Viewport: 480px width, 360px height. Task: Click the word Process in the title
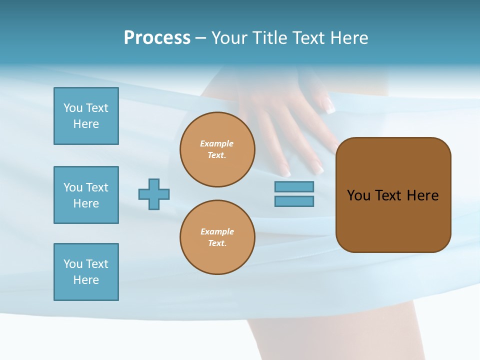(x=157, y=38)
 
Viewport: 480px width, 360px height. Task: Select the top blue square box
(x=86, y=116)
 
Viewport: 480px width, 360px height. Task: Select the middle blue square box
(x=86, y=195)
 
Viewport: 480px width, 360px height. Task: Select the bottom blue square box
(x=86, y=272)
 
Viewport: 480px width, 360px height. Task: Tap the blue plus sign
(x=154, y=194)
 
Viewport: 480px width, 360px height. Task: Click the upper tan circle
(x=217, y=149)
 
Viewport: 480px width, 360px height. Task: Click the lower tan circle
(x=217, y=237)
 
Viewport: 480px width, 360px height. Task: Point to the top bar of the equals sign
(x=294, y=186)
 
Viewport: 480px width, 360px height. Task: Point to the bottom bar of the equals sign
(x=294, y=201)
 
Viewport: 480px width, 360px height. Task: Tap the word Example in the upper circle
(x=216, y=143)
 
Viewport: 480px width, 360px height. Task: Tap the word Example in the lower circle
(x=216, y=231)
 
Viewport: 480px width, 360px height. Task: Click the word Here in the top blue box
(x=86, y=124)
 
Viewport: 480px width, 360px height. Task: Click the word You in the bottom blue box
(x=73, y=264)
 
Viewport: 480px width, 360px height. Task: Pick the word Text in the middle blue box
(x=96, y=187)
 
